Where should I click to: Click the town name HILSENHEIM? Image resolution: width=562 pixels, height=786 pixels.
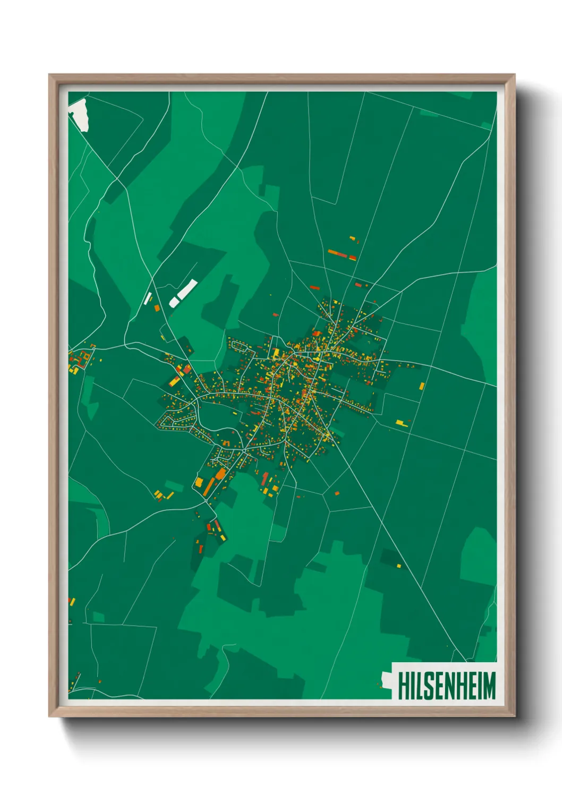point(446,685)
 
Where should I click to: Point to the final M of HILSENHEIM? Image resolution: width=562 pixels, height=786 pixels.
point(488,685)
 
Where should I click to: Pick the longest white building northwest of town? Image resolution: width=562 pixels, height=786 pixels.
point(187,289)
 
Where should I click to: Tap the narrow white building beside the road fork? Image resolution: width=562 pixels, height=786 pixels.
point(148,298)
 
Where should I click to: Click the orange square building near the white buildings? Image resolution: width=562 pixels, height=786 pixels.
point(157,307)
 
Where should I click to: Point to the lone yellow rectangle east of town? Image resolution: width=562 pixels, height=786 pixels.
point(422,386)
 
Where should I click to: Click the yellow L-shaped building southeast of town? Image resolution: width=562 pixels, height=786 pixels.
point(402,423)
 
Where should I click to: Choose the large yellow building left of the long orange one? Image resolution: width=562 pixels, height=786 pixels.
point(199,482)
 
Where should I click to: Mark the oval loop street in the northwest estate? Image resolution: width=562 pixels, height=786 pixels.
point(242,348)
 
